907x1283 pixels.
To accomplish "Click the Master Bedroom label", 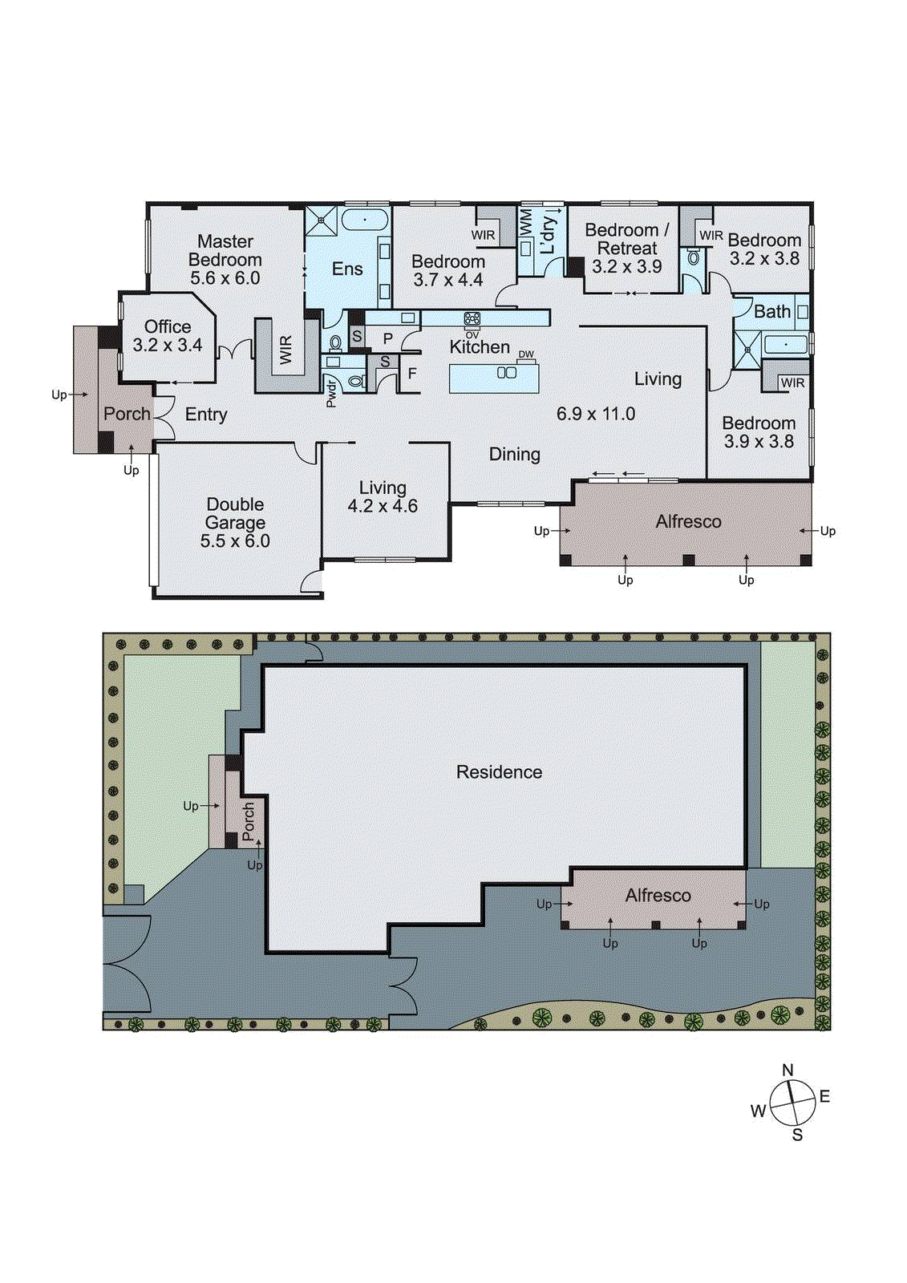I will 225,250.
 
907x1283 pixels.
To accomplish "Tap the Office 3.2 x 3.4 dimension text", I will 168,346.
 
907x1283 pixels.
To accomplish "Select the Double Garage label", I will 235,513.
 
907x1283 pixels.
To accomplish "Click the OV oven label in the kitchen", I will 472,335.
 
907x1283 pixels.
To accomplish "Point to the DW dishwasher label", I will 526,354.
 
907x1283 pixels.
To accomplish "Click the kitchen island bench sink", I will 506,373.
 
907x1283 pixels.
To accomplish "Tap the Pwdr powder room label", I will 331,393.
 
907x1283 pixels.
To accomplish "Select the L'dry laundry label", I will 548,235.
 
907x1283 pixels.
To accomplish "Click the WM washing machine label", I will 526,222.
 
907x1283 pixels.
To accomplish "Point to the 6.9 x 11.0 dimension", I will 596,414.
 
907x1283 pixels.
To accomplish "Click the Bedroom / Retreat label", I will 626,239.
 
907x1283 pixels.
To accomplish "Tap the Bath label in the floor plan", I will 771,312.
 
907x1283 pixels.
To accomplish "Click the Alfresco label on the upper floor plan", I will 688,522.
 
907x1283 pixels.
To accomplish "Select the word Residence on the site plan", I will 499,772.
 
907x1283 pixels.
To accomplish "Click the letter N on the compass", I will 788,1071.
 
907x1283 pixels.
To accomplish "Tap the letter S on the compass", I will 797,1135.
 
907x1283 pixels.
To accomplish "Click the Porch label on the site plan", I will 249,821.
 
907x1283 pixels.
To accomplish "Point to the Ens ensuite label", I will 347,269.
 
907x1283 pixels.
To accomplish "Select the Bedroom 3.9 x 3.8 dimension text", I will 759,442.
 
